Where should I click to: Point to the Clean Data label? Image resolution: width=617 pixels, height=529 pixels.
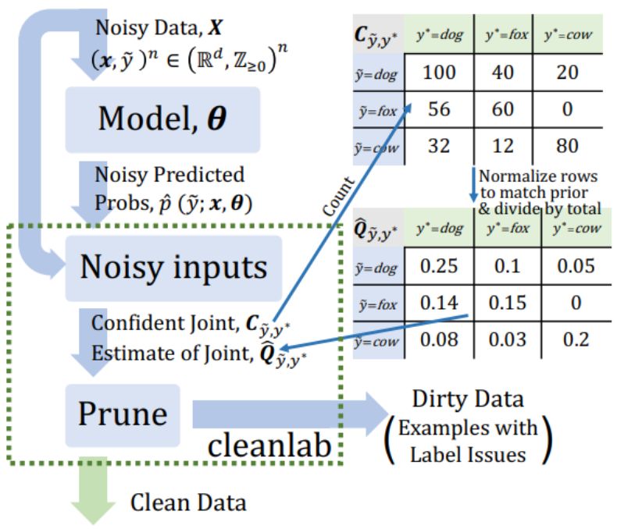point(187,502)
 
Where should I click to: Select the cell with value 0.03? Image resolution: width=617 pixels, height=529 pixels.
point(505,341)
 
